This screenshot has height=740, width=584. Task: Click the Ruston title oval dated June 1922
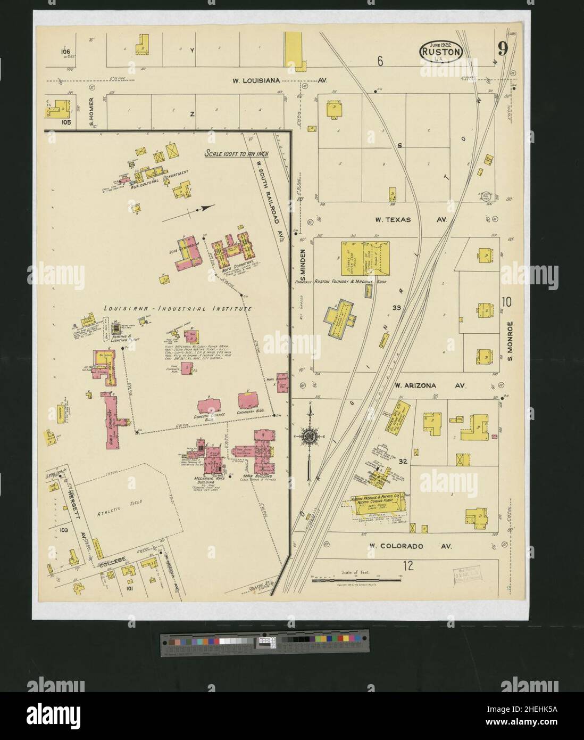pos(441,50)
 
